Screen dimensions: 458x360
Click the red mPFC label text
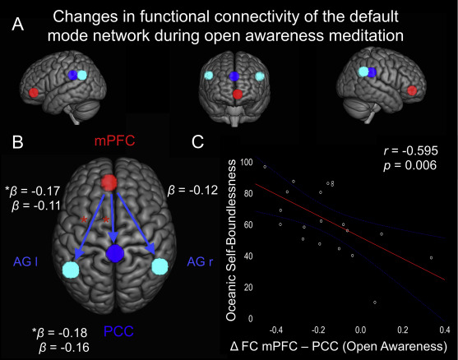(114, 141)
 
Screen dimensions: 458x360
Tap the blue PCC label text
(118, 331)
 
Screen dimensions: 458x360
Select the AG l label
(25, 262)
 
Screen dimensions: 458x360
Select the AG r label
(200, 262)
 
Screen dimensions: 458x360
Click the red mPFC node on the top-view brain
(109, 182)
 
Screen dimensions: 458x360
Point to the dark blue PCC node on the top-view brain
(115, 253)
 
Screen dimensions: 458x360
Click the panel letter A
(17, 25)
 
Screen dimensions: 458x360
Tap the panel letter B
(17, 142)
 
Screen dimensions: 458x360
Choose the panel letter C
(197, 142)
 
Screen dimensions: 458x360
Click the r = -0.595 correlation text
(410, 150)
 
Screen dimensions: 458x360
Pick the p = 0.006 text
(410, 165)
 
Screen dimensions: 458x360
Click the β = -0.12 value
(192, 191)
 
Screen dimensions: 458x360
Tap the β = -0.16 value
(64, 347)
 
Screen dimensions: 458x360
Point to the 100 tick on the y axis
(247, 162)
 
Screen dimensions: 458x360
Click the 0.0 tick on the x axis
(360, 330)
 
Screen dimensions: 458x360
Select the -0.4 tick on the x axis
(275, 330)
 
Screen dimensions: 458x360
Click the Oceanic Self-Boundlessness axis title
(231, 240)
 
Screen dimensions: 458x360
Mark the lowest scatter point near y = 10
(375, 302)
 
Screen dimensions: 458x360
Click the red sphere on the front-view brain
(238, 94)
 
